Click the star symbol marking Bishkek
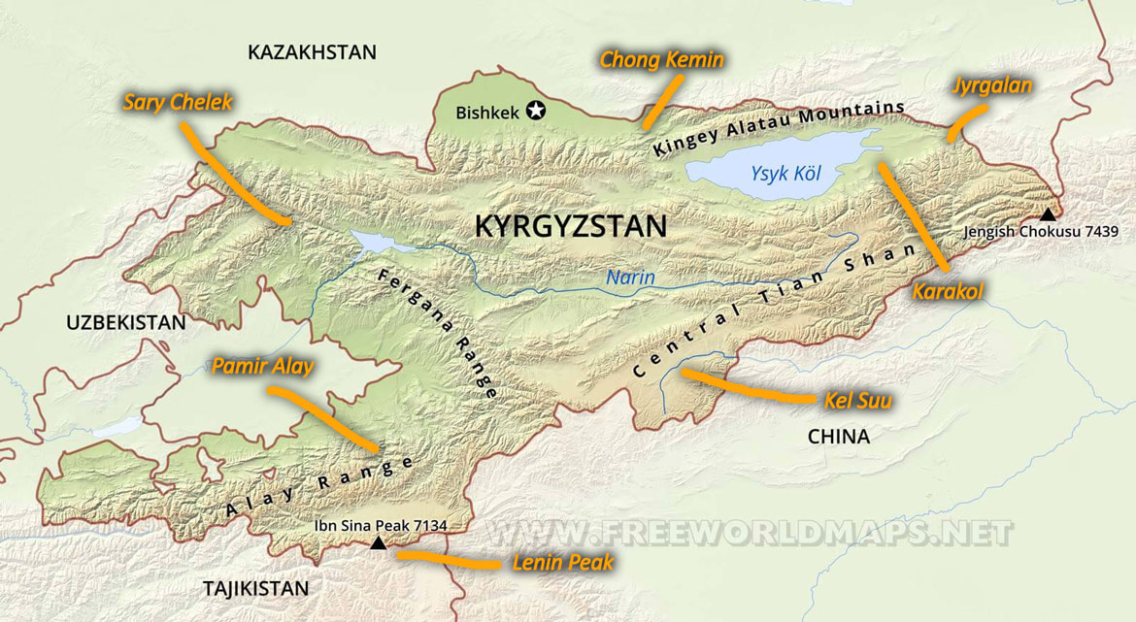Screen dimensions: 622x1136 pos(535,112)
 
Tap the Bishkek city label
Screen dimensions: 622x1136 pos(487,113)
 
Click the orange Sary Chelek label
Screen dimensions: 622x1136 pos(178,102)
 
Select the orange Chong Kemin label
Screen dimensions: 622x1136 pos(661,60)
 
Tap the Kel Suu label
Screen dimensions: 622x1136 pos(857,399)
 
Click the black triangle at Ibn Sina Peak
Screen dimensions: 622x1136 pos(379,544)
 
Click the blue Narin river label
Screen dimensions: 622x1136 pos(631,278)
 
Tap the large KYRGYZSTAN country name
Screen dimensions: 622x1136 pos(570,227)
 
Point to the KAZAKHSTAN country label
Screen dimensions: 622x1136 pos(312,52)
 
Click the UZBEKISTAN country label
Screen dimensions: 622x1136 pos(124,322)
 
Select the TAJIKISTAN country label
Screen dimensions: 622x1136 pos(255,588)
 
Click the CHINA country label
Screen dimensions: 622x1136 pos(838,437)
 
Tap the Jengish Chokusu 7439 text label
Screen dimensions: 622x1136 pos(1041,232)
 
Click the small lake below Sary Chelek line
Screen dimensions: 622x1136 pos(370,241)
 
